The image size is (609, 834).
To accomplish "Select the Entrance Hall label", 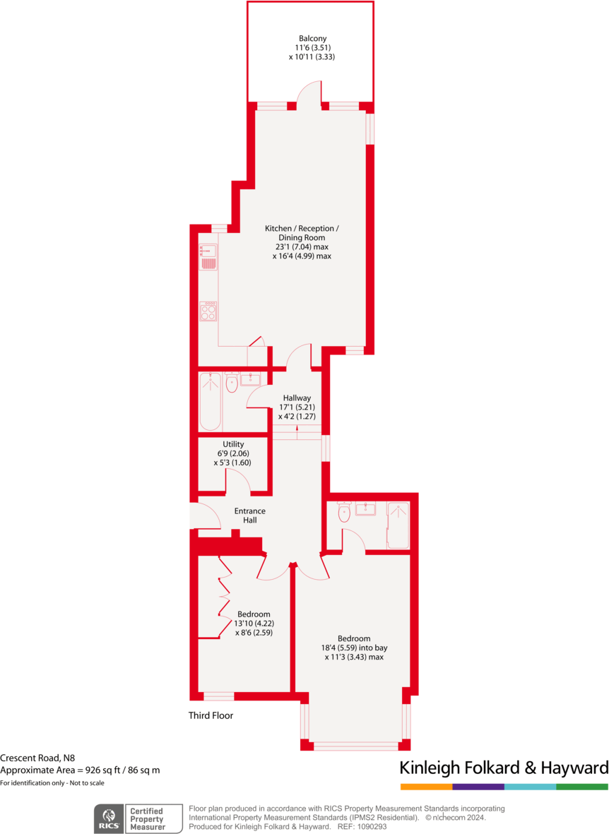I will coord(249,515).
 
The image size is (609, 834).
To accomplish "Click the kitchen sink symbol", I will coord(208,257).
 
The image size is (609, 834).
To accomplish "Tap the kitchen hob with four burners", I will coord(208,311).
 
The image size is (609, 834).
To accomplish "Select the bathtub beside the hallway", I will coord(211,401).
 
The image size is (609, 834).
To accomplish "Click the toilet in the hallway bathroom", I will coord(232,383).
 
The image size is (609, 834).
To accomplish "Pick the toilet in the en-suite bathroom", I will coord(344,513).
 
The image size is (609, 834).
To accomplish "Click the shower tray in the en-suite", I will coord(398,525).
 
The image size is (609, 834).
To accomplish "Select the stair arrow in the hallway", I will coord(297,431).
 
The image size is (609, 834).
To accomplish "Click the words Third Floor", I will coord(211,715).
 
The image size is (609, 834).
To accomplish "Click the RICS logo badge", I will coord(109,818).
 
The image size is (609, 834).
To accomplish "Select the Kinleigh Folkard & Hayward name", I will coord(504,768).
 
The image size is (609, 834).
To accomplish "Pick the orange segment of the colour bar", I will coord(426,787).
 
